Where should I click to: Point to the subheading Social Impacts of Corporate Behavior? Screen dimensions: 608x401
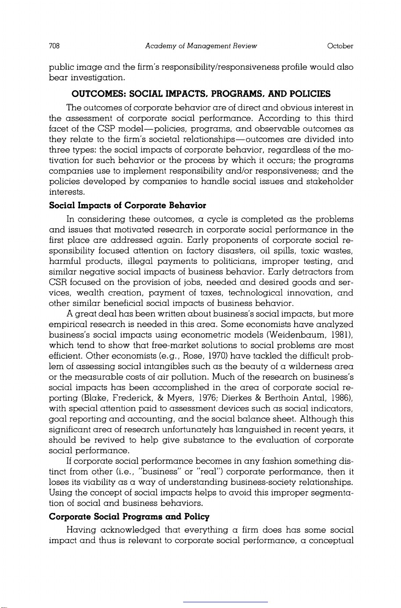pyautogui.click(x=127, y=205)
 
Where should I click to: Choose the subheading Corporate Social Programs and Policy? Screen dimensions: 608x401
pyautogui.click(x=129, y=516)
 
